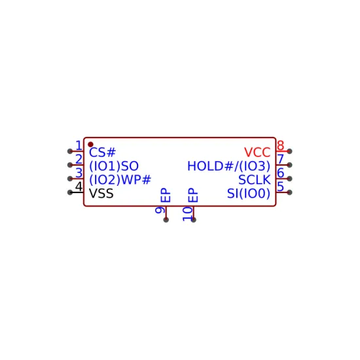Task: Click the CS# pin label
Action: pos(102,153)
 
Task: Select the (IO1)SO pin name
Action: pos(114,166)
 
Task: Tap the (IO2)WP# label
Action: pos(120,180)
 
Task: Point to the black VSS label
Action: pos(101,194)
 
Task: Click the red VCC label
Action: pos(257,153)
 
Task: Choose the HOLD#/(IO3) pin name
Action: pos(229,166)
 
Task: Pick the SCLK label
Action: pos(255,180)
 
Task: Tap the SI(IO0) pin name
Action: pos(249,194)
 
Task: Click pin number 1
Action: pos(79,145)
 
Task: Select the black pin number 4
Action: pos(79,187)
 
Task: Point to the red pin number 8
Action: pos(281,145)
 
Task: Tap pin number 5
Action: pos(281,187)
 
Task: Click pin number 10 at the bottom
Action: pos(187,214)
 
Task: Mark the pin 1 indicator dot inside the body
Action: pos(90,145)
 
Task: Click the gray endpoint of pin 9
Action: pos(166,220)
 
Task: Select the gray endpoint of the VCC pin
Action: pos(289,151)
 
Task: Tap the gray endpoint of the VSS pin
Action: pos(70,192)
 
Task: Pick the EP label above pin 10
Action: pos(193,195)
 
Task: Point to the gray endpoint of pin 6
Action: pos(289,179)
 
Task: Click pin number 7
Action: pos(281,159)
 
